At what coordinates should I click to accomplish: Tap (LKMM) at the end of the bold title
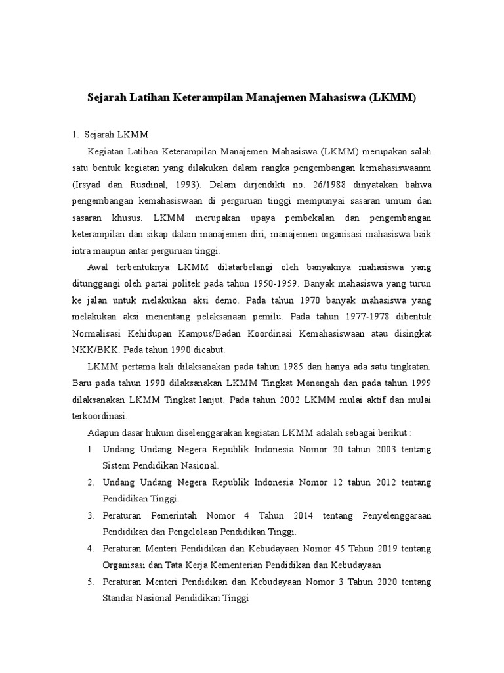click(x=392, y=98)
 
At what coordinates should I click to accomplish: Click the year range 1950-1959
click(x=276, y=285)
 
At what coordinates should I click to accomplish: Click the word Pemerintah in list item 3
click(x=173, y=515)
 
